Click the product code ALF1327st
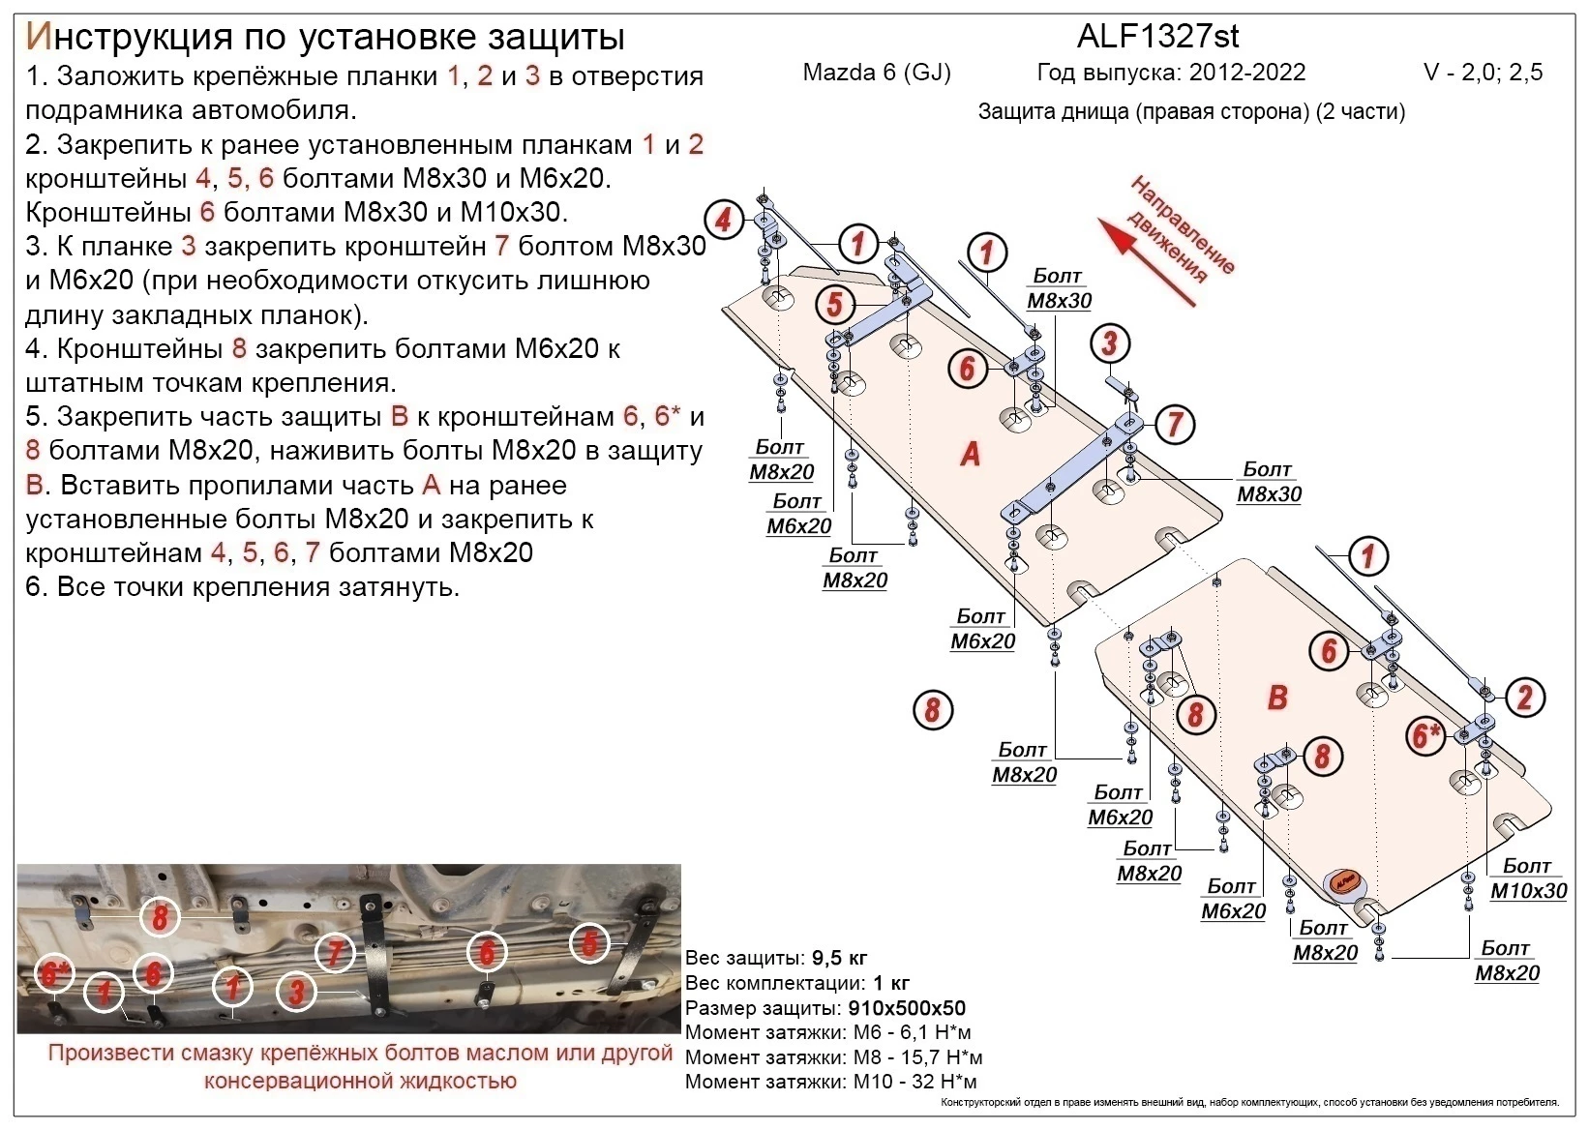(x=1157, y=37)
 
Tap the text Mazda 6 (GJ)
(x=877, y=73)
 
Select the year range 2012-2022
(x=1247, y=73)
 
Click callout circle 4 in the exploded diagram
(x=723, y=221)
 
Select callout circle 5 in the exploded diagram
(x=834, y=305)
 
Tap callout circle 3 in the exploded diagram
(x=1109, y=342)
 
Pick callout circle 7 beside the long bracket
(x=1175, y=424)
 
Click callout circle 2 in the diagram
(x=1524, y=697)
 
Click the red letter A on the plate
(x=970, y=453)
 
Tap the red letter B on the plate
(x=1277, y=697)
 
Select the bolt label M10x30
(x=1528, y=890)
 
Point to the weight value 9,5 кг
(x=840, y=959)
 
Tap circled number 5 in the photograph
(x=589, y=943)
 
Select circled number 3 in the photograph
(x=297, y=992)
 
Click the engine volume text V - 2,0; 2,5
(x=1482, y=73)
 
